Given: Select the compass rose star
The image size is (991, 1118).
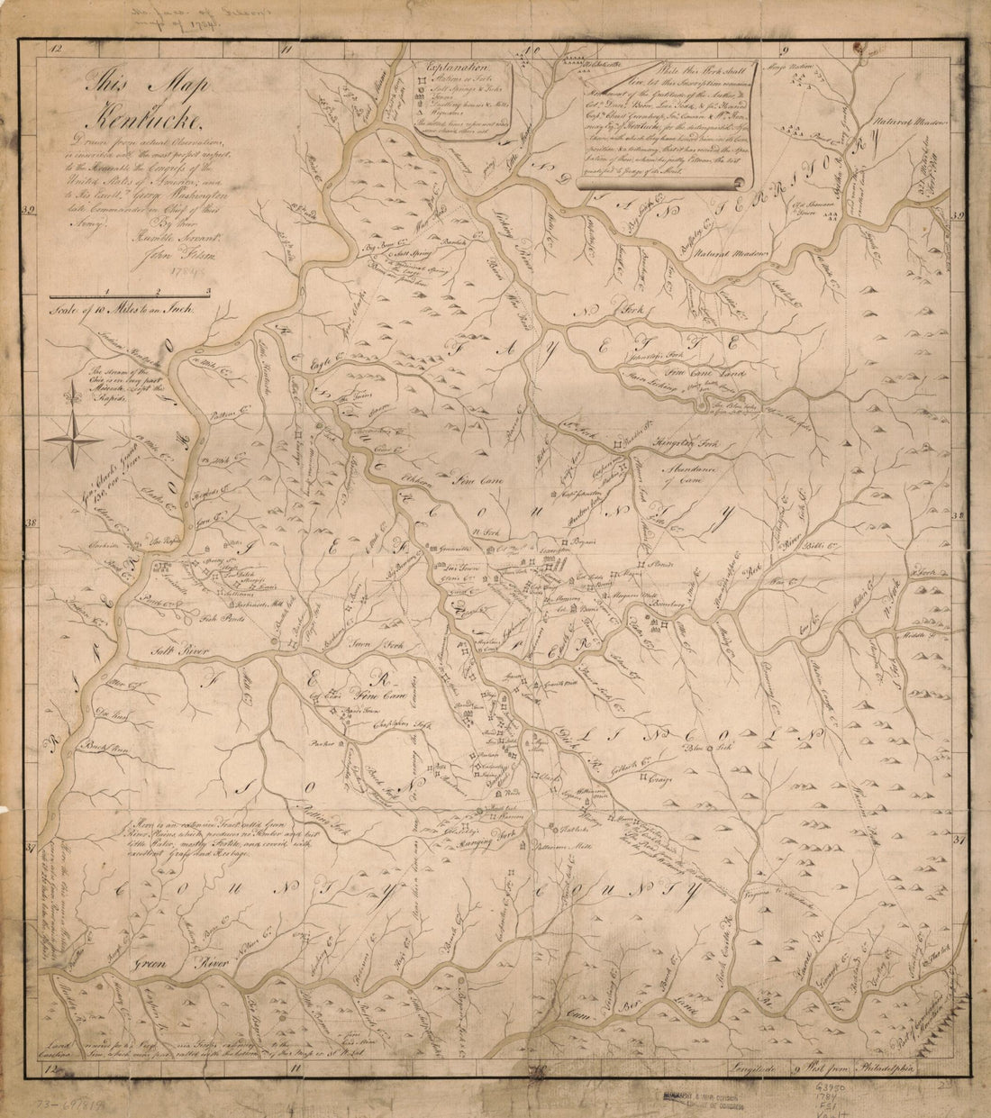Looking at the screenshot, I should tap(74, 439).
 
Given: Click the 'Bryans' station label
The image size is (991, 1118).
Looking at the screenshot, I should tap(577, 545).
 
